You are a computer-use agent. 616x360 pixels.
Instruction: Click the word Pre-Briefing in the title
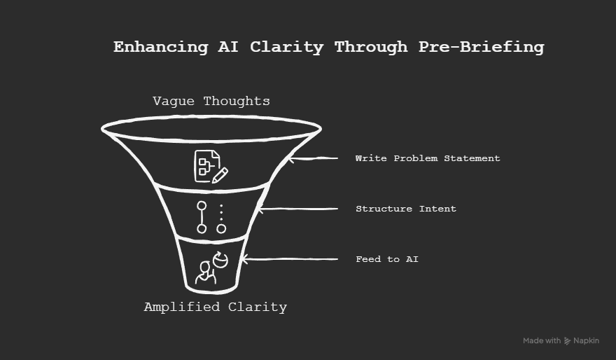[482, 48]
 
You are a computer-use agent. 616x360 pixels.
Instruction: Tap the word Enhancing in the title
[161, 48]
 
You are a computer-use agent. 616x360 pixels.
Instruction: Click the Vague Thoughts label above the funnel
[211, 102]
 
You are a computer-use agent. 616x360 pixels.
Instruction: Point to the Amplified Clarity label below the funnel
[215, 307]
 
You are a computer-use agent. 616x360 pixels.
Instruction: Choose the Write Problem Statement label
[427, 158]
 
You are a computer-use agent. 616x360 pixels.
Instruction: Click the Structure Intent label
[405, 209]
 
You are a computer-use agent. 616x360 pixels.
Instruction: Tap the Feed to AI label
[387, 259]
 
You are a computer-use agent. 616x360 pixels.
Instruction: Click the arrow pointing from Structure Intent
[298, 209]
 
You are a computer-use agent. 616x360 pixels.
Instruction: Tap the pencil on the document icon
[220, 175]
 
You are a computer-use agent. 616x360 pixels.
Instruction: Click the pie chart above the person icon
[221, 260]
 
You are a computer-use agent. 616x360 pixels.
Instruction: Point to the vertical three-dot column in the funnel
[221, 212]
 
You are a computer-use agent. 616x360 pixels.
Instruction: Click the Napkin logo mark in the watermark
[567, 341]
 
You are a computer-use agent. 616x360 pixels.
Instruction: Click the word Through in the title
[370, 48]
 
